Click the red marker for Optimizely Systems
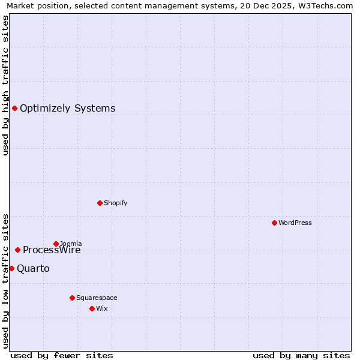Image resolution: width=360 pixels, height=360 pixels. click(x=14, y=108)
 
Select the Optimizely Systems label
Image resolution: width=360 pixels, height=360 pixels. click(x=67, y=109)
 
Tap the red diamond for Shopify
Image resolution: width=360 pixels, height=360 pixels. click(x=100, y=203)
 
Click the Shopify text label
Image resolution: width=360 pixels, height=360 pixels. click(x=115, y=203)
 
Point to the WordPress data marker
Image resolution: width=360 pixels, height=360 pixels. click(x=274, y=223)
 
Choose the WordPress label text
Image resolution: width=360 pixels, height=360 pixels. click(x=295, y=223)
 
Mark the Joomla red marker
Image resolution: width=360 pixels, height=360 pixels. click(x=56, y=244)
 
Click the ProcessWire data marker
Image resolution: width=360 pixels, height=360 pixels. click(x=17, y=250)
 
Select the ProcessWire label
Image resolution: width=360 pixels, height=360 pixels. click(x=52, y=250)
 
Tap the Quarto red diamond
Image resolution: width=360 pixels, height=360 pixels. click(x=11, y=268)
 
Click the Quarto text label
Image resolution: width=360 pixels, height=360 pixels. click(x=33, y=269)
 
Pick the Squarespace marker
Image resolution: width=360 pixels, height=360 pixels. click(x=72, y=298)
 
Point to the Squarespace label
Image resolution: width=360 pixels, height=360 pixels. click(x=97, y=298)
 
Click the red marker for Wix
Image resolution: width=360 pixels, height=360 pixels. click(x=92, y=308)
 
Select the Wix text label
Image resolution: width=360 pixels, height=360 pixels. click(x=101, y=308)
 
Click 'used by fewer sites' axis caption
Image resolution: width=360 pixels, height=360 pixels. click(x=61, y=355)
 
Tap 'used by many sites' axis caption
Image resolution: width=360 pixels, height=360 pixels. click(x=301, y=355)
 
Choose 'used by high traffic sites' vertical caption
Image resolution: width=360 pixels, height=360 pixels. click(x=5, y=85)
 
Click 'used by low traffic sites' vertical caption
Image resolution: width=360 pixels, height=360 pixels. click(x=5, y=280)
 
